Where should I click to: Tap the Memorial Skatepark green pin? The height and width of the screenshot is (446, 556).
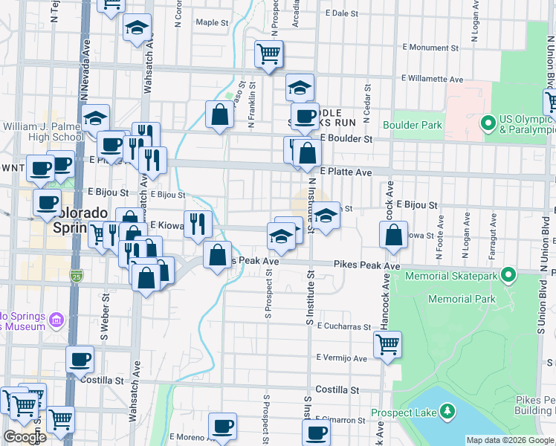click(508, 276)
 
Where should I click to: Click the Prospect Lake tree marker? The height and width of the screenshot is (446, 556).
click(447, 410)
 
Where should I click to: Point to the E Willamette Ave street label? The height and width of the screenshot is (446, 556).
click(433, 79)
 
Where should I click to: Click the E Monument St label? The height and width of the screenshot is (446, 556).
click(430, 47)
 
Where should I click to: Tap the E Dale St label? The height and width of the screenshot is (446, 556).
click(342, 13)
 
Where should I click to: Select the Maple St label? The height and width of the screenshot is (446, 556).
click(212, 22)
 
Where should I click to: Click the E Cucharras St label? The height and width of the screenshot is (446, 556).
click(343, 326)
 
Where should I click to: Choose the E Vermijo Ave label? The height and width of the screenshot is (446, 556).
click(341, 358)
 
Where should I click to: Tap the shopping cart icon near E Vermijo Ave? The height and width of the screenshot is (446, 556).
click(387, 344)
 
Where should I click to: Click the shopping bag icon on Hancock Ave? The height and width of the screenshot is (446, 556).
click(393, 235)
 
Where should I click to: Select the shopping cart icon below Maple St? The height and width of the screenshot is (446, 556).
click(268, 53)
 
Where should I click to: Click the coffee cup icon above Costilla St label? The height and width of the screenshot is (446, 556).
click(80, 360)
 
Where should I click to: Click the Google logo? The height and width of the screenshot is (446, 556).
click(25, 437)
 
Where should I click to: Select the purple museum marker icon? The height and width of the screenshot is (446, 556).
click(56, 321)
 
